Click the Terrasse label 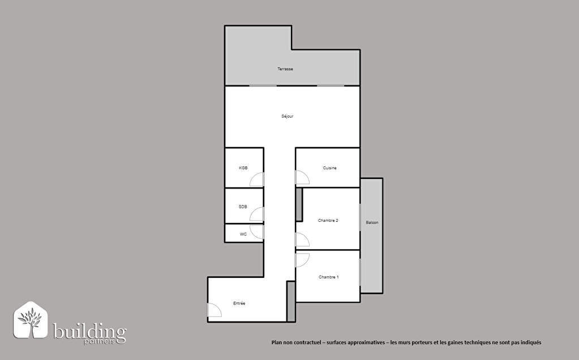click(285, 69)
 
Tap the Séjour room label click(288, 116)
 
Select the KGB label click(243, 168)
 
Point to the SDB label click(243, 207)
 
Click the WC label click(243, 234)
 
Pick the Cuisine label click(329, 168)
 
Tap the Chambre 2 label click(328, 220)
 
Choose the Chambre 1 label click(328, 277)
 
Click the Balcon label click(372, 222)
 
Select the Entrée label click(239, 303)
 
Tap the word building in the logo click(89, 332)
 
